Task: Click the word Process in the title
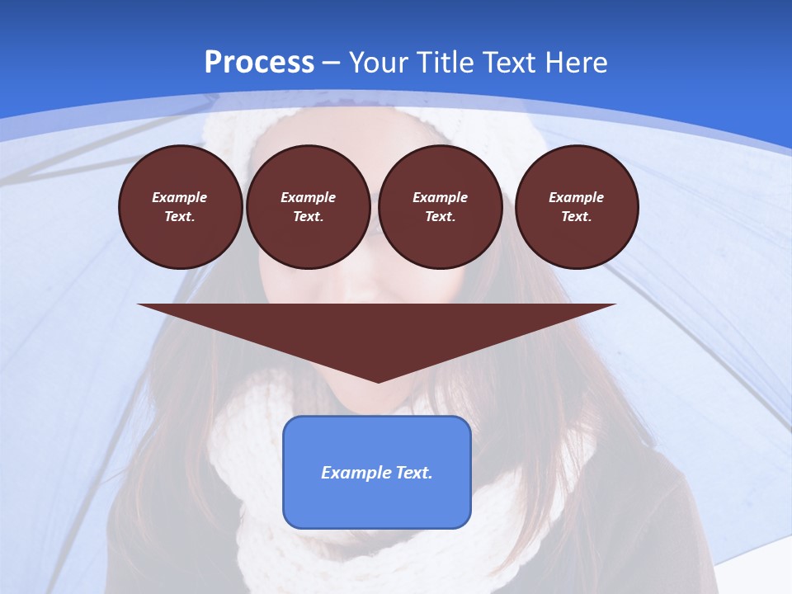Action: (x=259, y=63)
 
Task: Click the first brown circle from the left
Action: (x=180, y=207)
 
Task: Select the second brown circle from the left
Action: (x=308, y=207)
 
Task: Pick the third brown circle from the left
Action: (x=440, y=207)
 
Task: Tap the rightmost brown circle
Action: (x=576, y=207)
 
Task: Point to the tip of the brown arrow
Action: (x=378, y=381)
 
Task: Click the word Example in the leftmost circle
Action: (x=180, y=198)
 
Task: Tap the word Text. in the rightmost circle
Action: (x=576, y=217)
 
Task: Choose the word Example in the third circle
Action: (x=440, y=198)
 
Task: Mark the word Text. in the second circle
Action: (x=308, y=217)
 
